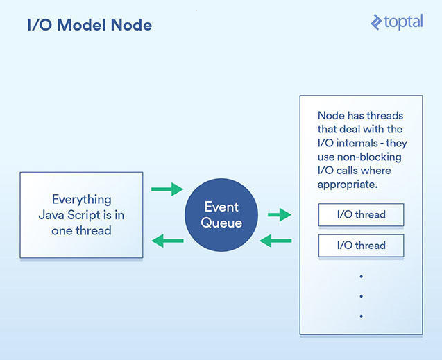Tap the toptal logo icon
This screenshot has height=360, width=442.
tap(376, 22)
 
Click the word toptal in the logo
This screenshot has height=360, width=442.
tap(403, 22)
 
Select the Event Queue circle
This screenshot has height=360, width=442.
tap(221, 215)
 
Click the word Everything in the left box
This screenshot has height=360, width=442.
tap(82, 200)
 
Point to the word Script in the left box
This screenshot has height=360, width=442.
tap(84, 215)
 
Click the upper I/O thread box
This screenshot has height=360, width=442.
tap(361, 214)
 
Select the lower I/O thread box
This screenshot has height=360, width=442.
tap(361, 246)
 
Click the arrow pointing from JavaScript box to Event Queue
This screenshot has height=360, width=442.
tap(167, 189)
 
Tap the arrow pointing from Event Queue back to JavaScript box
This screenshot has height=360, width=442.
tap(167, 241)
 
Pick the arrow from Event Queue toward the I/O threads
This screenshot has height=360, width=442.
tap(280, 215)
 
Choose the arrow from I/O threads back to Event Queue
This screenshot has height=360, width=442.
tap(275, 241)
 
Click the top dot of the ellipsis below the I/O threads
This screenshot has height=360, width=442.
tap(361, 277)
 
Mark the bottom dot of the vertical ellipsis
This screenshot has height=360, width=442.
tap(361, 316)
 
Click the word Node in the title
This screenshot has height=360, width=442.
tap(131, 25)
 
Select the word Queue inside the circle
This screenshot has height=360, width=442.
tap(221, 223)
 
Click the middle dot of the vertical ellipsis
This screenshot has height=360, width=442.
tap(361, 296)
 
